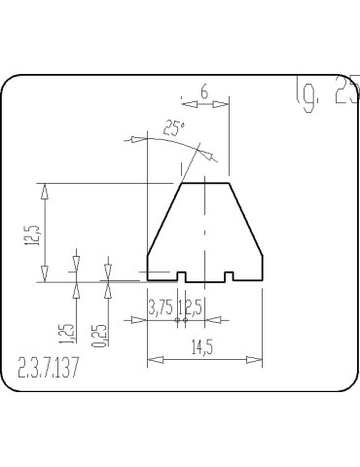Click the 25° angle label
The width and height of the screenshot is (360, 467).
coord(173,126)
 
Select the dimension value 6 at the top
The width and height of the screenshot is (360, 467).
coord(204,90)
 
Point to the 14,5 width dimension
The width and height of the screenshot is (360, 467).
coord(204,346)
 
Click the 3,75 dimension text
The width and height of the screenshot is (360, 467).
coord(161,307)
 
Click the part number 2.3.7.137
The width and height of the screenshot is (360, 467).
coord(49,369)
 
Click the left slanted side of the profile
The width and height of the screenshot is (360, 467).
coord(163,219)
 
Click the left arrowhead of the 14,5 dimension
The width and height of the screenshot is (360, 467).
coord(152,360)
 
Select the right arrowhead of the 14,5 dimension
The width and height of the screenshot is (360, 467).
coord(258,360)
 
